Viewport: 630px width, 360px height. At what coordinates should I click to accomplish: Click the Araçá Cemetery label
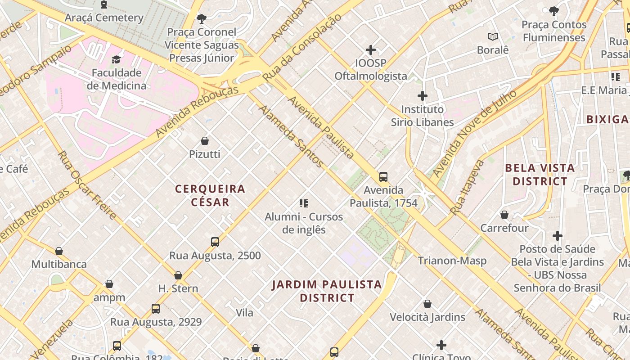click(x=104, y=18)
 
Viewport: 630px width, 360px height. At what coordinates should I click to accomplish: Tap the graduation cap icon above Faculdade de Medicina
click(x=117, y=59)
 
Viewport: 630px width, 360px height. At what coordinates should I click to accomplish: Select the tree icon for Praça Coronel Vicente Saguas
click(x=202, y=18)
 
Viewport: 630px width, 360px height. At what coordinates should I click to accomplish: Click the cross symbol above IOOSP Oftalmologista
click(x=371, y=49)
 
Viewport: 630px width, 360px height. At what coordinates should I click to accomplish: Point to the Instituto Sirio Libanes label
click(x=422, y=116)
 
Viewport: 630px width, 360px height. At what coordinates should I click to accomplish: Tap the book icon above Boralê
click(x=493, y=36)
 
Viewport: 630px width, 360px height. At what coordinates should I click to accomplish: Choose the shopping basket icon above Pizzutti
click(x=205, y=141)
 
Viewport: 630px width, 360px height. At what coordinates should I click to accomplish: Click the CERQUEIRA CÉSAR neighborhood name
click(x=210, y=195)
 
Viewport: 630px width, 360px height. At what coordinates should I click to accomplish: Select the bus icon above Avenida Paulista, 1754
click(x=383, y=177)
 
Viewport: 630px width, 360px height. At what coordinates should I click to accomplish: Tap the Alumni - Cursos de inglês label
click(x=304, y=223)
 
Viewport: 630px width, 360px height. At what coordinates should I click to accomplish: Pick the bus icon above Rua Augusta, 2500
click(x=215, y=242)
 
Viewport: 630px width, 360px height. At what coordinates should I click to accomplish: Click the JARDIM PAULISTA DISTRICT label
click(x=327, y=291)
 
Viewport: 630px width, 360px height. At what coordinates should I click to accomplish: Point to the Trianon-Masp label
click(x=452, y=261)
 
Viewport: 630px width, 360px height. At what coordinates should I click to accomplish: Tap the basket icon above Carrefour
click(x=504, y=215)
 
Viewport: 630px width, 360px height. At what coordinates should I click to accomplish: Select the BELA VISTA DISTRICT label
click(x=540, y=175)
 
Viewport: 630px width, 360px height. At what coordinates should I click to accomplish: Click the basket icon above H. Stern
click(x=178, y=275)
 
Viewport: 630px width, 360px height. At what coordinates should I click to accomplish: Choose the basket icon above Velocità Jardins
click(x=427, y=304)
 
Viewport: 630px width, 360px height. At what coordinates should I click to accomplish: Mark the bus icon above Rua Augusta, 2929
click(x=156, y=309)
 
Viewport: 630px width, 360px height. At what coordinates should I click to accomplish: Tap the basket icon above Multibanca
click(x=59, y=251)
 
